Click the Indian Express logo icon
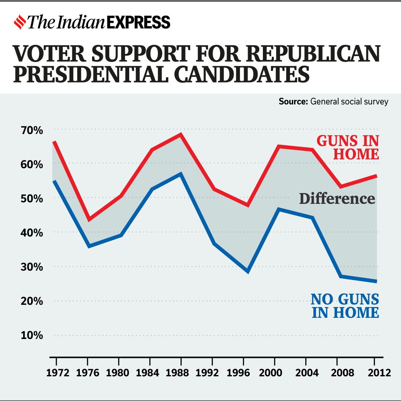(20, 22)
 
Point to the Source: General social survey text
(333, 101)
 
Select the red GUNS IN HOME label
(348, 147)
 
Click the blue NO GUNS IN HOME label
(345, 306)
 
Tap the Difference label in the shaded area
(337, 199)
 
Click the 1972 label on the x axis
(57, 372)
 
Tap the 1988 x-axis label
(181, 372)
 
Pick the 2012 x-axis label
(376, 372)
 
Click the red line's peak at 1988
(181, 134)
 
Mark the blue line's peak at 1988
(181, 174)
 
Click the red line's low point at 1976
(88, 219)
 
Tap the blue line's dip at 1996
(248, 271)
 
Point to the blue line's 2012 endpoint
(376, 281)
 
